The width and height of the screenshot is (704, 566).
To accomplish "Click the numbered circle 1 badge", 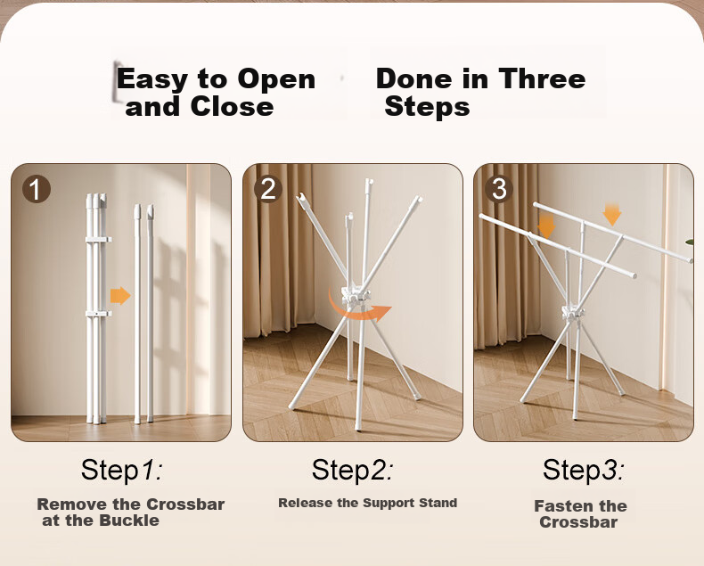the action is point(37,189).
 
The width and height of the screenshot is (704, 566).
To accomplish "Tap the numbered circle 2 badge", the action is point(268,189).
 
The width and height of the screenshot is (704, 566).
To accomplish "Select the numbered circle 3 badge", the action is point(499,189).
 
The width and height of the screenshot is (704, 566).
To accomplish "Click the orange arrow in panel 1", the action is point(120,296).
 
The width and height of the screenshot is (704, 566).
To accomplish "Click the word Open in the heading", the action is point(276,80).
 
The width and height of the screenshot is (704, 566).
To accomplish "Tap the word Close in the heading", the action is point(232,107).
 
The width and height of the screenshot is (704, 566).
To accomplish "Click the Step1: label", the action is point(121,470).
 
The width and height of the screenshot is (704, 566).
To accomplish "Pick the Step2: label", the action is point(353,470).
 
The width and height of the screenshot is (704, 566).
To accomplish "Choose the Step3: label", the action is point(583,470).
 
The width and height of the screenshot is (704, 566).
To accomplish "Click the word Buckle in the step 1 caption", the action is point(129,521).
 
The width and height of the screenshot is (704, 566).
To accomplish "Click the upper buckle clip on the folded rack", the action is point(98,240).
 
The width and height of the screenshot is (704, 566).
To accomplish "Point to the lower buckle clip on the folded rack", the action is point(98,313).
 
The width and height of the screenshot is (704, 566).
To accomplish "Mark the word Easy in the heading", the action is point(152,80).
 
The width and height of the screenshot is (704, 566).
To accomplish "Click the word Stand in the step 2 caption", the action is point(438,503).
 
